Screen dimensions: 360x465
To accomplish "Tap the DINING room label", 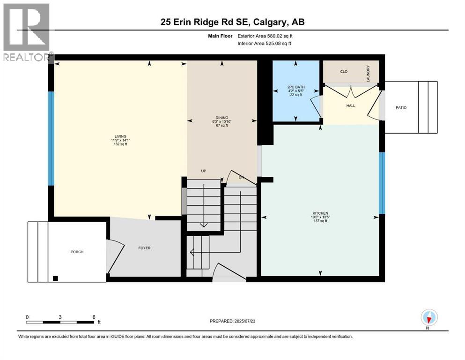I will tap(222, 118).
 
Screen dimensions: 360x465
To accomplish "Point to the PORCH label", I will tap(77, 252).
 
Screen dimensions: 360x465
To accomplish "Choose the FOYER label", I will tap(144, 247).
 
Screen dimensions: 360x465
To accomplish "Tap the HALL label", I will tap(351, 105).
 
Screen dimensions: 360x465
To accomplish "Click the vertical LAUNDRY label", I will tap(368, 74).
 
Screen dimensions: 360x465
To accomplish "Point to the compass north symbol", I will tap(429, 318).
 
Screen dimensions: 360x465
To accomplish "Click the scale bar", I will tap(61, 322).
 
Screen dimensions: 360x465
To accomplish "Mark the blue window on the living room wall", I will tap(52, 138).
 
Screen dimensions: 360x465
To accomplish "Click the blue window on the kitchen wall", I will tap(382, 183).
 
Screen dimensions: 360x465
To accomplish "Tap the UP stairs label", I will tap(204, 171).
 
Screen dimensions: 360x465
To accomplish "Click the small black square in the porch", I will tap(56, 277).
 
